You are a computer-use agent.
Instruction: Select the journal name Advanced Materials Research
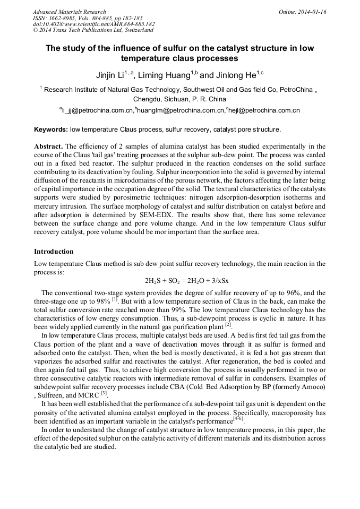[x=69, y=12]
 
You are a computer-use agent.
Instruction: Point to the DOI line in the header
[x=93, y=24]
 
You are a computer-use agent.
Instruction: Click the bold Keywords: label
[x=51, y=129]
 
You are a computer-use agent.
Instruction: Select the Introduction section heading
[x=54, y=251]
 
